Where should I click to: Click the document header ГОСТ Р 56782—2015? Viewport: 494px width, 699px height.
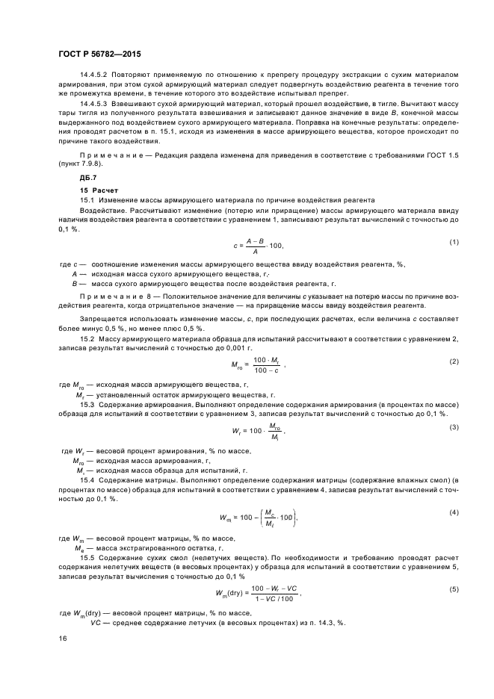99,55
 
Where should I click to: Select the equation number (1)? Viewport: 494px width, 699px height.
454,241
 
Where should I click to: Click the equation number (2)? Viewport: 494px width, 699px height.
454,362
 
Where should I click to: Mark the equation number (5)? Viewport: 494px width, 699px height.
454,589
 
